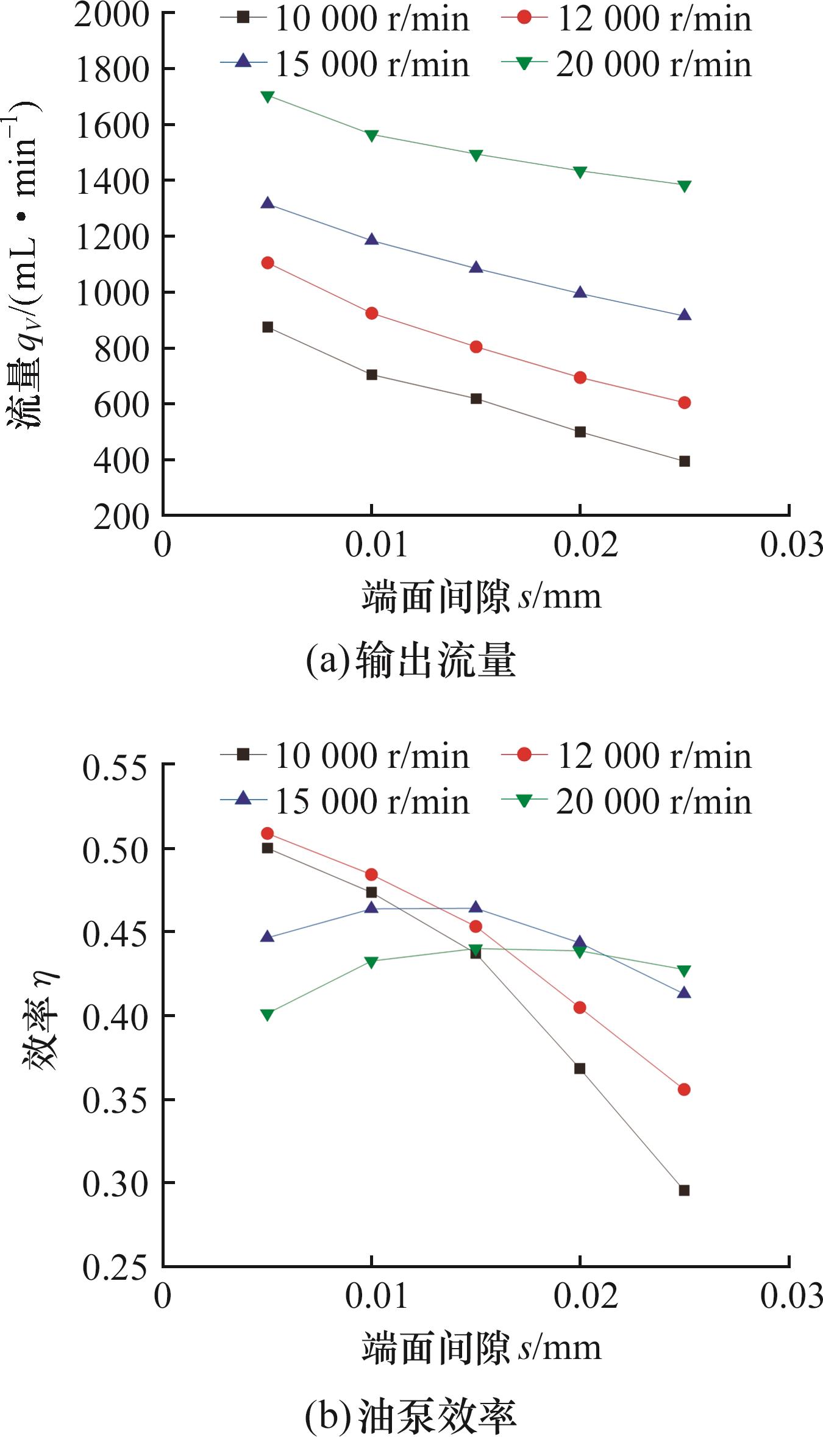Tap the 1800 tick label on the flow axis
pos(112,69)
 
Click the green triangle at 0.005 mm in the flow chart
pos(267,96)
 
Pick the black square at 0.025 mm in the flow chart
pos(684,461)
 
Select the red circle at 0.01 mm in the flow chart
pos(371,313)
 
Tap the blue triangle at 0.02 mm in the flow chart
pos(580,293)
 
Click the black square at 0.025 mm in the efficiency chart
pos(684,1190)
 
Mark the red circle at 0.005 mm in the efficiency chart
pos(267,833)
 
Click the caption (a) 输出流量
pos(410,661)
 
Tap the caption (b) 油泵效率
pos(410,1414)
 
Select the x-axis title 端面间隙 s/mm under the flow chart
pos(481,596)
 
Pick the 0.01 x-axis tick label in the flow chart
pos(376,544)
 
